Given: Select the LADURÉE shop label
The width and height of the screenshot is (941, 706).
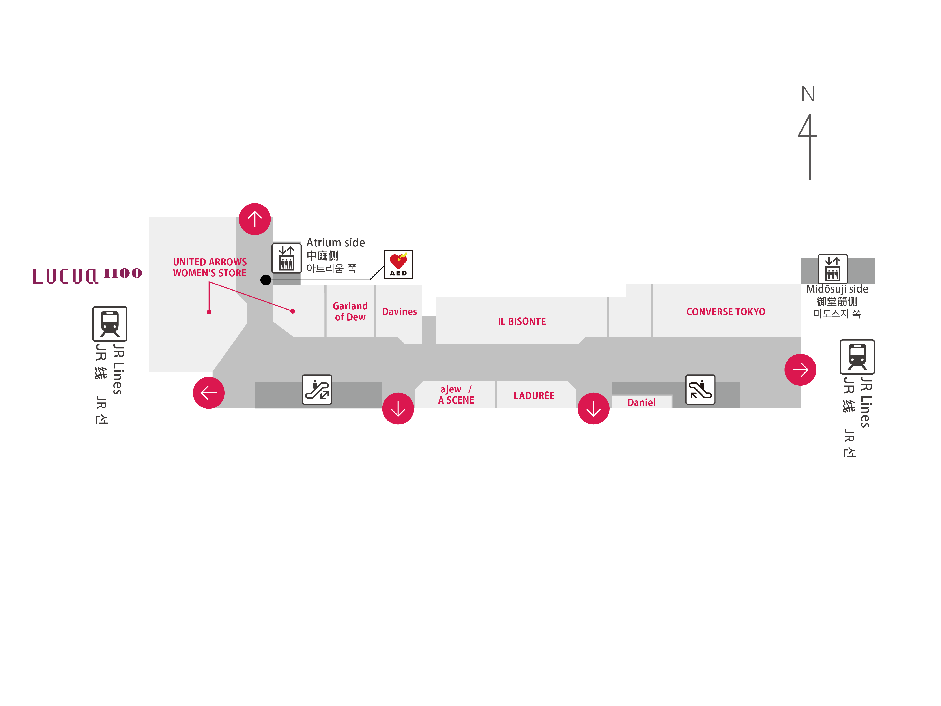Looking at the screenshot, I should click(534, 396).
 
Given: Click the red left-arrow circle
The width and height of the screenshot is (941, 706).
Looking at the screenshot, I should click(208, 392).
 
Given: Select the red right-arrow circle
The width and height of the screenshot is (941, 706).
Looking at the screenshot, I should click(800, 369).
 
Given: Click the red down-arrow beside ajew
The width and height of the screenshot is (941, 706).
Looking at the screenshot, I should click(398, 409).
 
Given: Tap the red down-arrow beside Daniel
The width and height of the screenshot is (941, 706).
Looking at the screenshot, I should click(593, 409).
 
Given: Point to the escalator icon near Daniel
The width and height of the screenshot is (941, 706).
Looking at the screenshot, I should click(700, 389).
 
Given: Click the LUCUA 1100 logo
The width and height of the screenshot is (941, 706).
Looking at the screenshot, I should click(87, 275).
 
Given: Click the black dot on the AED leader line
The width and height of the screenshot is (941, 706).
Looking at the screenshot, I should click(266, 280).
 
